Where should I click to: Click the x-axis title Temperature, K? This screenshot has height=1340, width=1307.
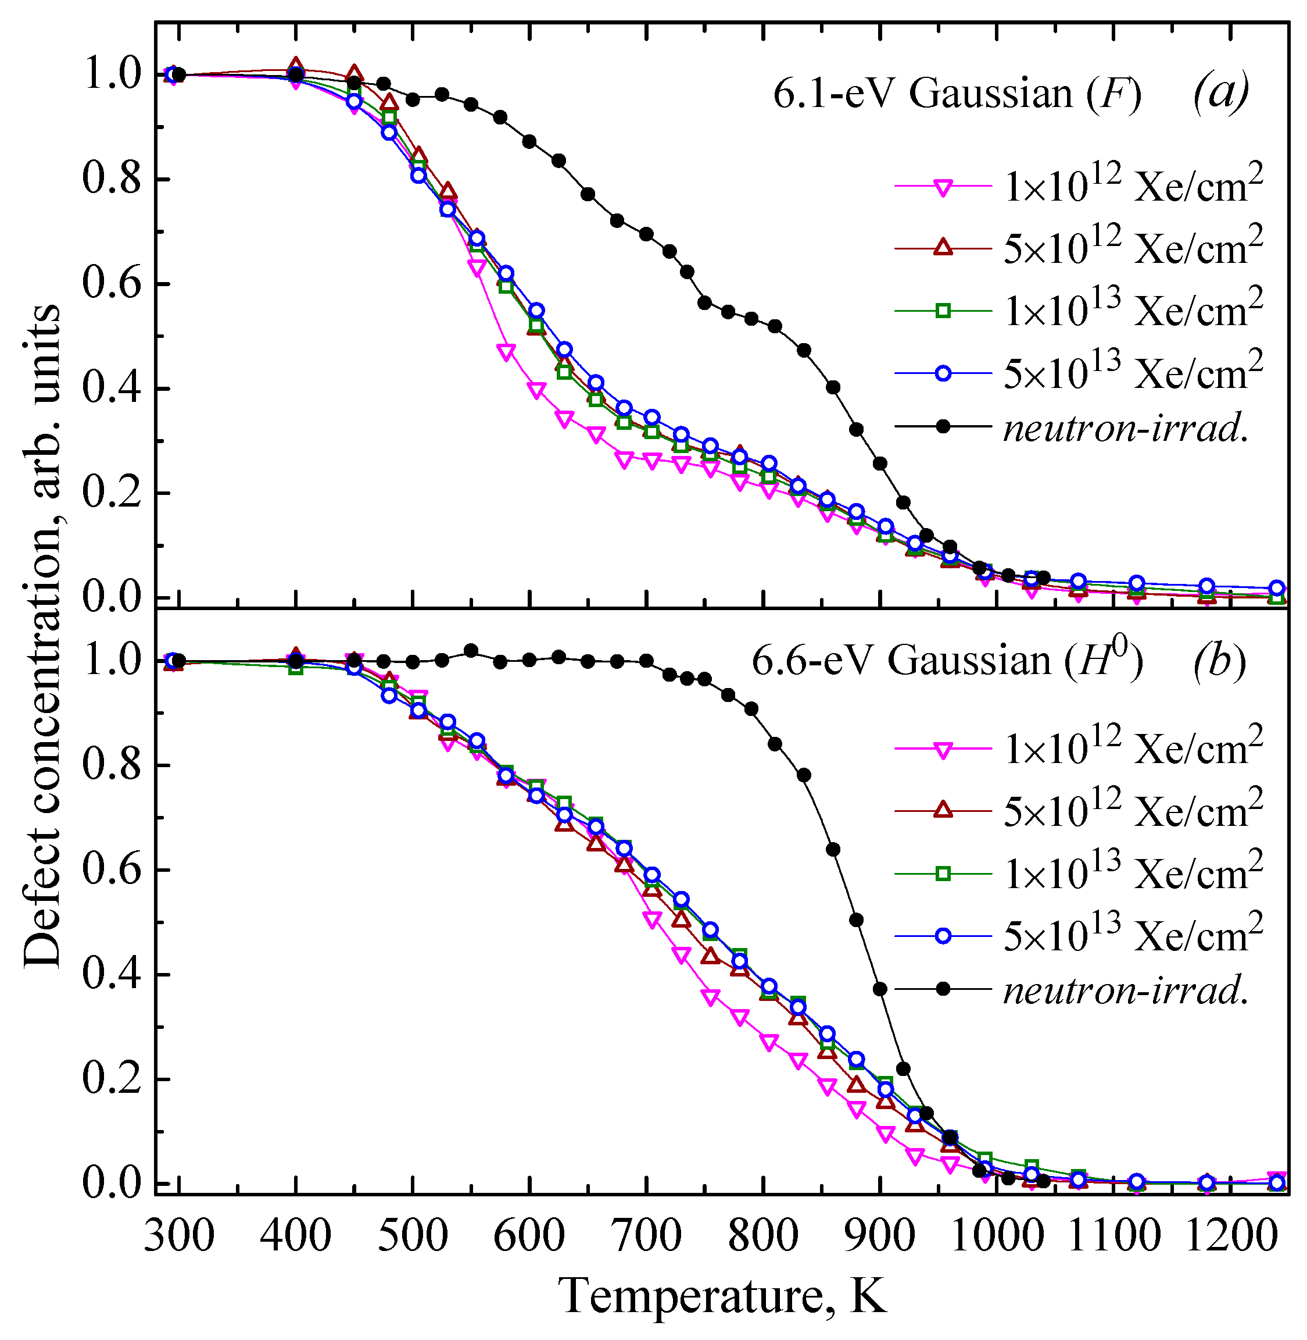pos(724,1295)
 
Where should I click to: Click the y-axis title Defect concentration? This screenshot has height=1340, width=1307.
pos(42,635)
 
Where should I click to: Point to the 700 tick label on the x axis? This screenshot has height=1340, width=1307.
pos(646,1236)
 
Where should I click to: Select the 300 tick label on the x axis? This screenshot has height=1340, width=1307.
pos(179,1236)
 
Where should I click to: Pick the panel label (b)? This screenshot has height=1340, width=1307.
pos(1219,661)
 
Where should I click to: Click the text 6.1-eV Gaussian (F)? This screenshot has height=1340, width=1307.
pos(958,94)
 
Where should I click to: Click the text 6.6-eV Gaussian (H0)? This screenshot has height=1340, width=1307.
pos(947,661)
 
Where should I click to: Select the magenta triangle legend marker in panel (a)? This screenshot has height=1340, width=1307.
pos(944,187)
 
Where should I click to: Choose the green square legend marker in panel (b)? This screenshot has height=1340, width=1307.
pos(944,874)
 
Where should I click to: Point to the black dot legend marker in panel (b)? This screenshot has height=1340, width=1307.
pos(944,989)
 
